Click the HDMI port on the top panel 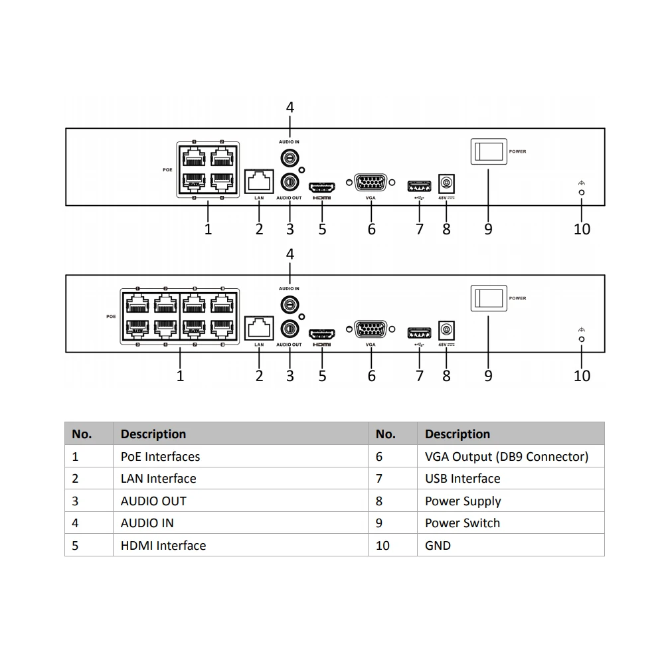322,184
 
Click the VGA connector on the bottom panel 371,330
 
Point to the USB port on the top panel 419,184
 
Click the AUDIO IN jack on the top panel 290,158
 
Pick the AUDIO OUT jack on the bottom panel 290,328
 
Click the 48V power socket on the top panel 446,183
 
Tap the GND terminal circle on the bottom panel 582,339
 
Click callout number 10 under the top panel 582,229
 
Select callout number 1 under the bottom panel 180,376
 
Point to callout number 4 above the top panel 290,108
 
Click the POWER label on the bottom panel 517,298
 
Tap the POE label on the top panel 167,170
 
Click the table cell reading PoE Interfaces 160,456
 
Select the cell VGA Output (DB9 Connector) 506,456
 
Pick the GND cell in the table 438,545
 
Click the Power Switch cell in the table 462,523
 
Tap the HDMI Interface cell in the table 163,545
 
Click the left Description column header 153,434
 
